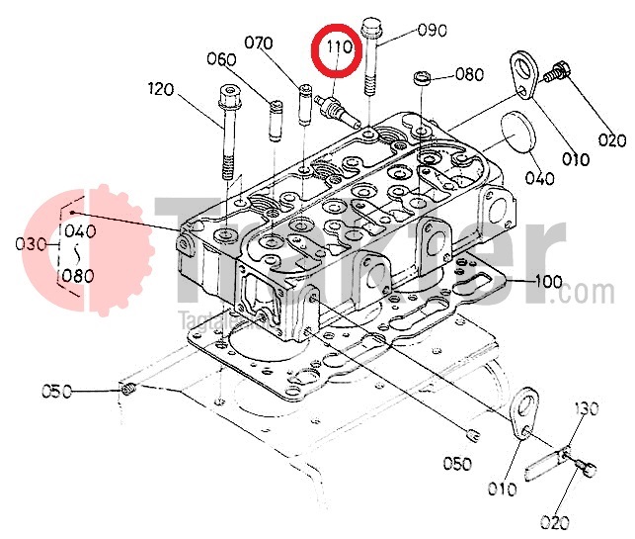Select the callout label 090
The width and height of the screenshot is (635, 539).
point(433,30)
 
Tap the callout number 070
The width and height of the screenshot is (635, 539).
point(259,44)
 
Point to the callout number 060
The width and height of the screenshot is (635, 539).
point(221,59)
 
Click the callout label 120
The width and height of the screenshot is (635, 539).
point(160,89)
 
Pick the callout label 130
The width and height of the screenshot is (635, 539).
point(587,409)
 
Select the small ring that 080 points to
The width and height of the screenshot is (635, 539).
point(422,76)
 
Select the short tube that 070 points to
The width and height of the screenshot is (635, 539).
point(306,103)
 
